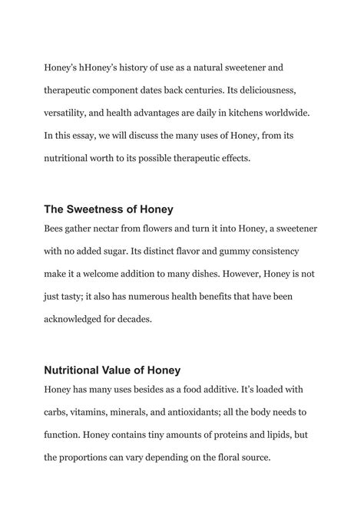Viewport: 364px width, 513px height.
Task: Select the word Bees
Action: coord(57,229)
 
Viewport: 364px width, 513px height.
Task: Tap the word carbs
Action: coord(58,413)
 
